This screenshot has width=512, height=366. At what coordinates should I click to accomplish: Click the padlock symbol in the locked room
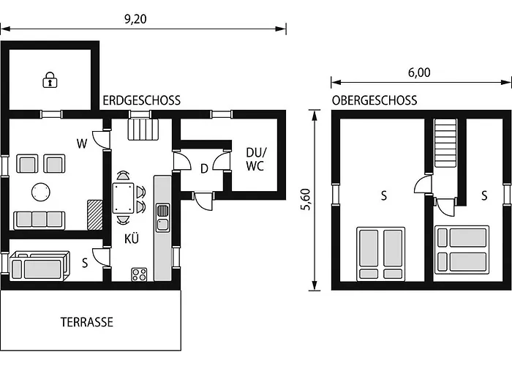click(50, 80)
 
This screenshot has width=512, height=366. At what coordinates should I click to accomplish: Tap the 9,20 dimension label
click(135, 19)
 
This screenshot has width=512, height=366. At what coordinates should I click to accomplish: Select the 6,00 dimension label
click(419, 72)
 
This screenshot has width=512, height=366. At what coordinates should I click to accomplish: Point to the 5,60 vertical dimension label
click(306, 199)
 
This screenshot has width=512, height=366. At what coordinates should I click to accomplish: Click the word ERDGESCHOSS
click(142, 100)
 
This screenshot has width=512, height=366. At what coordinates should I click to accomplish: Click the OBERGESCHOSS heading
click(374, 100)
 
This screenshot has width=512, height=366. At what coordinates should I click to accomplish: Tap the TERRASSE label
click(87, 322)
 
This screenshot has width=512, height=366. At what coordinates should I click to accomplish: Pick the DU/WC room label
click(256, 159)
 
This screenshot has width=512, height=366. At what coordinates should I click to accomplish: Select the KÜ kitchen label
click(132, 239)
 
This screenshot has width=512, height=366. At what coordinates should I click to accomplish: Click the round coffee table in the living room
click(41, 192)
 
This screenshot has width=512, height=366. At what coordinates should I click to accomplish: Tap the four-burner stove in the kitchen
click(139, 274)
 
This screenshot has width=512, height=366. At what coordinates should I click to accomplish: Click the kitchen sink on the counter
click(162, 217)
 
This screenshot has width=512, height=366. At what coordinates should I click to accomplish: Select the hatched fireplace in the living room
click(94, 214)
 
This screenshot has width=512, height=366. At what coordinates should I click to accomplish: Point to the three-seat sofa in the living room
click(39, 220)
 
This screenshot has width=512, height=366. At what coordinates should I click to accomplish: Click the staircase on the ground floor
click(143, 130)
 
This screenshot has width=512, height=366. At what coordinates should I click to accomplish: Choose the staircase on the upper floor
click(445, 143)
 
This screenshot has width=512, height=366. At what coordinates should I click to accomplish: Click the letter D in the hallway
click(204, 168)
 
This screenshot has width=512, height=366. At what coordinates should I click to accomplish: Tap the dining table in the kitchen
click(123, 198)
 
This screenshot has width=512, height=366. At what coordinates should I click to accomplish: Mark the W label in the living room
click(82, 143)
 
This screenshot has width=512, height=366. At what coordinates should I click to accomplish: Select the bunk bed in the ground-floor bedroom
click(39, 266)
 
